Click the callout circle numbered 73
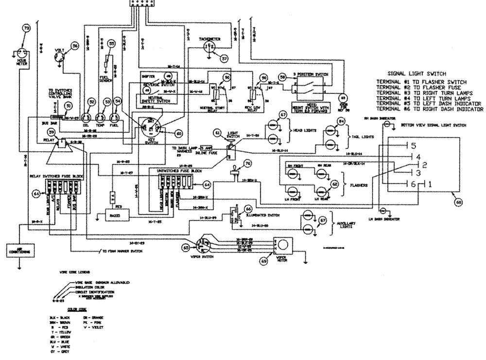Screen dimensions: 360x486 (27, 29)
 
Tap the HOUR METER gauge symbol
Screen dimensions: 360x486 (20, 52)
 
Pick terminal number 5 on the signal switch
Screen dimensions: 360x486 (413, 146)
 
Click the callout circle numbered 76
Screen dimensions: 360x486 (248, 164)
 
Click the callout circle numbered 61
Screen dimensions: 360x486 (218, 133)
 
